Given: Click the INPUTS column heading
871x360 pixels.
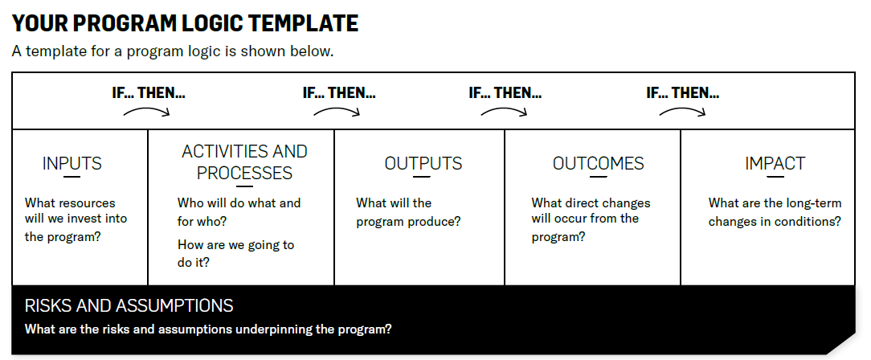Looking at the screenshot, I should coord(72,164).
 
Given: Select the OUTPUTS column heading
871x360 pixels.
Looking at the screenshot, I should coord(423,164).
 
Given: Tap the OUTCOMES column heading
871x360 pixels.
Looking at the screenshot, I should coord(599,164).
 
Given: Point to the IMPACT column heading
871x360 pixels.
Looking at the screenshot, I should coord(775,164).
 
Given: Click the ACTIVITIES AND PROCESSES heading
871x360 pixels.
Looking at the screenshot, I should coord(244,162).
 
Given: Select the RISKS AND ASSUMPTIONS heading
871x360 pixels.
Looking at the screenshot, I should coord(129,306).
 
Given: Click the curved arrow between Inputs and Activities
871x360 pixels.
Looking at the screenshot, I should coord(147,112).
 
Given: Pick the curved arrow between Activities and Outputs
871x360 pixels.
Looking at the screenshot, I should coord(337,112).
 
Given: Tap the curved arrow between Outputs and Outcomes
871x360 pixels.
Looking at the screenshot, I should coord(504,112).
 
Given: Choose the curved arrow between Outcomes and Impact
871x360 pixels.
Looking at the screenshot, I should coord(682,112).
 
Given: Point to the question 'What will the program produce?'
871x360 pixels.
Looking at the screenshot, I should coord(408,212).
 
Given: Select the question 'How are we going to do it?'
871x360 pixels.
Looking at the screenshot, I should coord(235,253).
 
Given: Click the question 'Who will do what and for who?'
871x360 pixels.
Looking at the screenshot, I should coord(239,212).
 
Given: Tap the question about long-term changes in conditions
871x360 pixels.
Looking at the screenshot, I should coord(775,212).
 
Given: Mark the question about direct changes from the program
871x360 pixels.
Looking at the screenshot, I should coord(591,219).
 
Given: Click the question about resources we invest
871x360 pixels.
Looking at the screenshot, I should coord(76,219).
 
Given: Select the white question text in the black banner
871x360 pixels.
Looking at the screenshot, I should coord(208,329).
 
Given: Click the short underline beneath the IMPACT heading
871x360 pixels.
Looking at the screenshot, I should coord(775,177).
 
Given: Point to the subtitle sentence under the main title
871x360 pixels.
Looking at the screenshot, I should coord(173,51).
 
